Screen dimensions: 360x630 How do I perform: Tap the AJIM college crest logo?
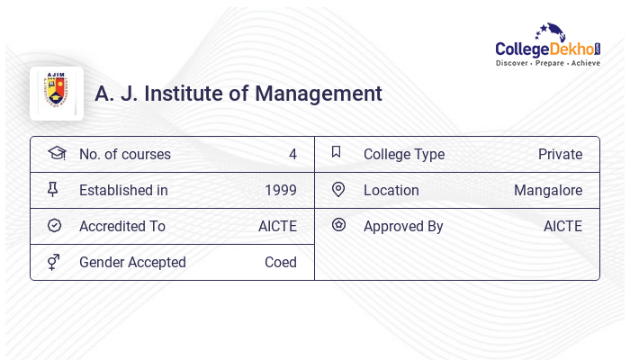(56, 93)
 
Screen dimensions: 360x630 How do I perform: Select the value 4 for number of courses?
(292, 154)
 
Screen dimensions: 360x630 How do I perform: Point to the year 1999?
(281, 190)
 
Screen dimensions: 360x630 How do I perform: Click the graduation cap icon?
(56, 153)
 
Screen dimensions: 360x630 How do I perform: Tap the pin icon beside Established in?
(52, 189)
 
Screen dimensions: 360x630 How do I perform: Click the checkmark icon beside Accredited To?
(54, 225)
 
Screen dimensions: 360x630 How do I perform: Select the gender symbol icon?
(53, 262)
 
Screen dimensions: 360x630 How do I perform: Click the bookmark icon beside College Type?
(336, 152)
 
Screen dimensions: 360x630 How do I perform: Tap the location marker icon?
(338, 189)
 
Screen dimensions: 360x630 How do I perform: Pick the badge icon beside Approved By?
(338, 225)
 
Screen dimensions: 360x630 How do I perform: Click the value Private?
(560, 154)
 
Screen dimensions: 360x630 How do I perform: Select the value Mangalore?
(548, 190)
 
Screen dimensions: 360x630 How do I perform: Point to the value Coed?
(281, 262)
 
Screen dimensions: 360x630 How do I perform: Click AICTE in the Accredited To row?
(277, 226)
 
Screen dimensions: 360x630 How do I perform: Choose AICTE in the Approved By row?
(562, 226)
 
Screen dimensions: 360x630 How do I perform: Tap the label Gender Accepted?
(132, 262)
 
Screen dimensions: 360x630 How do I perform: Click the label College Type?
(404, 154)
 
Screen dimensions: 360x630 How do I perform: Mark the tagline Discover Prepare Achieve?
(548, 64)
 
